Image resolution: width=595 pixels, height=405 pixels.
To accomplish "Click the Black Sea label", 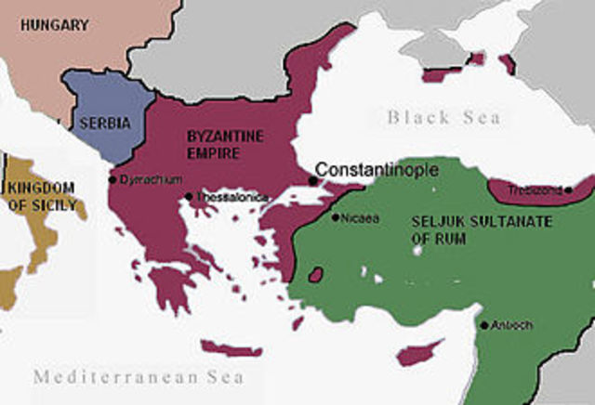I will [443, 117].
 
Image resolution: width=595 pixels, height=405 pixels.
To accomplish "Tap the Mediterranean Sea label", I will [139, 377].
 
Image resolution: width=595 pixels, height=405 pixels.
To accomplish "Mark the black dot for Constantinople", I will [311, 180].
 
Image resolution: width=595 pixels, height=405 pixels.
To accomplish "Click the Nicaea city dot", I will [335, 217].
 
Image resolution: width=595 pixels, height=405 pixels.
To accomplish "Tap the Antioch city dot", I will [484, 325].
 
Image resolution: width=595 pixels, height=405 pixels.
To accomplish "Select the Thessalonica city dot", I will [189, 196].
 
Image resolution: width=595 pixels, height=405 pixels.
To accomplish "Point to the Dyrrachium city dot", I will [112, 179].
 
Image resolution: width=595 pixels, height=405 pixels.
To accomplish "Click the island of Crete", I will [232, 349].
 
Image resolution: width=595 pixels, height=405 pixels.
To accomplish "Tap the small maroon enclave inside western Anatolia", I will [316, 276].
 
